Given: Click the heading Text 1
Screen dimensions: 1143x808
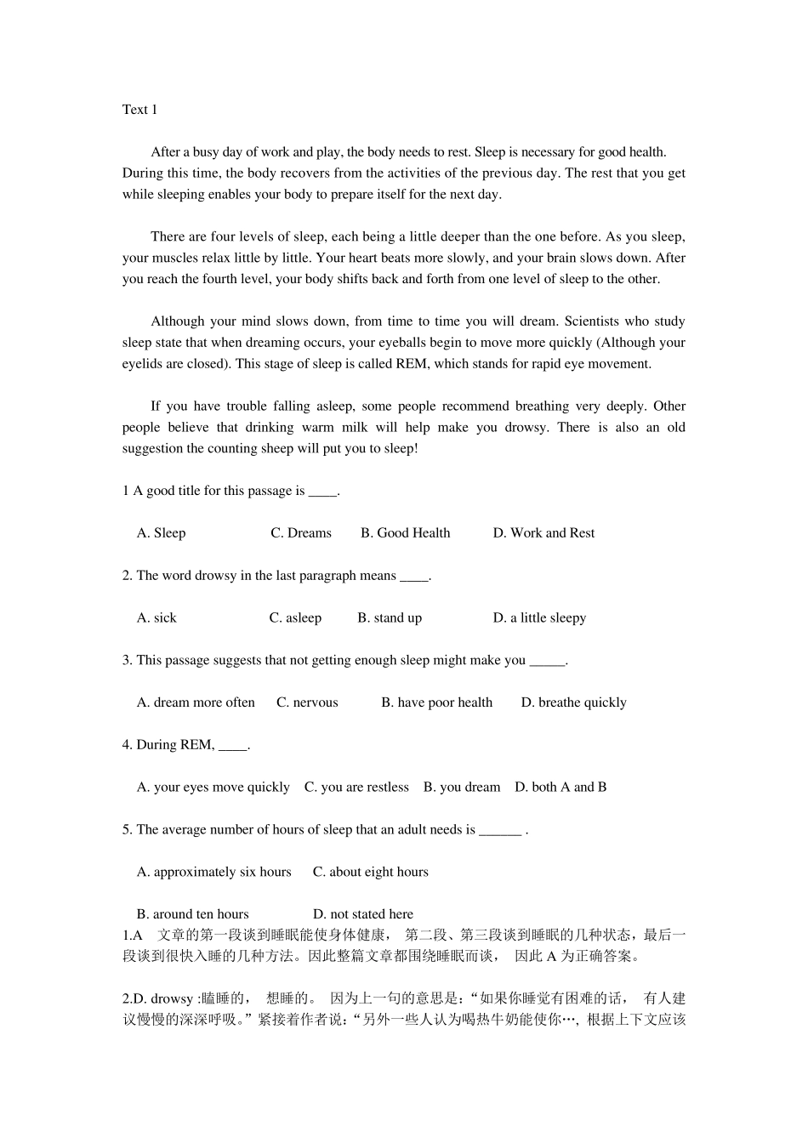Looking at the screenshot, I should pos(139,110).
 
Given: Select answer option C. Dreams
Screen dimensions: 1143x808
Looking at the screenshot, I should pos(301,533).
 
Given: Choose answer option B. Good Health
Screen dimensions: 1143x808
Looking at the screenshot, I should pos(405,533).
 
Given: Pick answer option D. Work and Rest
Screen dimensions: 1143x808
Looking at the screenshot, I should pos(543,533).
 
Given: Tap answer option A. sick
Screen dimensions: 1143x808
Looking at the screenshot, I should pos(156,618).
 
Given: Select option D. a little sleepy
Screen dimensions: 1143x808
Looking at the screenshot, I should pos(539,618).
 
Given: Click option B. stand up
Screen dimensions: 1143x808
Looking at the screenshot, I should pos(390,618).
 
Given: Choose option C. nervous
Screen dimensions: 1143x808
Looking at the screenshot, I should pos(307,702).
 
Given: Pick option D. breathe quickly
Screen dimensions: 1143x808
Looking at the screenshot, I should pos(573,702).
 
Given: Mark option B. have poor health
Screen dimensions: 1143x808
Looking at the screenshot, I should pos(436,702).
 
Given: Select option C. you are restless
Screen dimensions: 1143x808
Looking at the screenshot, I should pos(356,788).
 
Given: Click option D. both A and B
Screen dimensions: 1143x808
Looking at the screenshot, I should pos(560,788).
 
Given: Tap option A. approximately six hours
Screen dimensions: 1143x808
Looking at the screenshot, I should pos(213,872).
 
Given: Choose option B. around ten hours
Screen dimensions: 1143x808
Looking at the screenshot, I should pos(193,914).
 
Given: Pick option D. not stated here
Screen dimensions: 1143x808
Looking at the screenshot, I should pos(363,914).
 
